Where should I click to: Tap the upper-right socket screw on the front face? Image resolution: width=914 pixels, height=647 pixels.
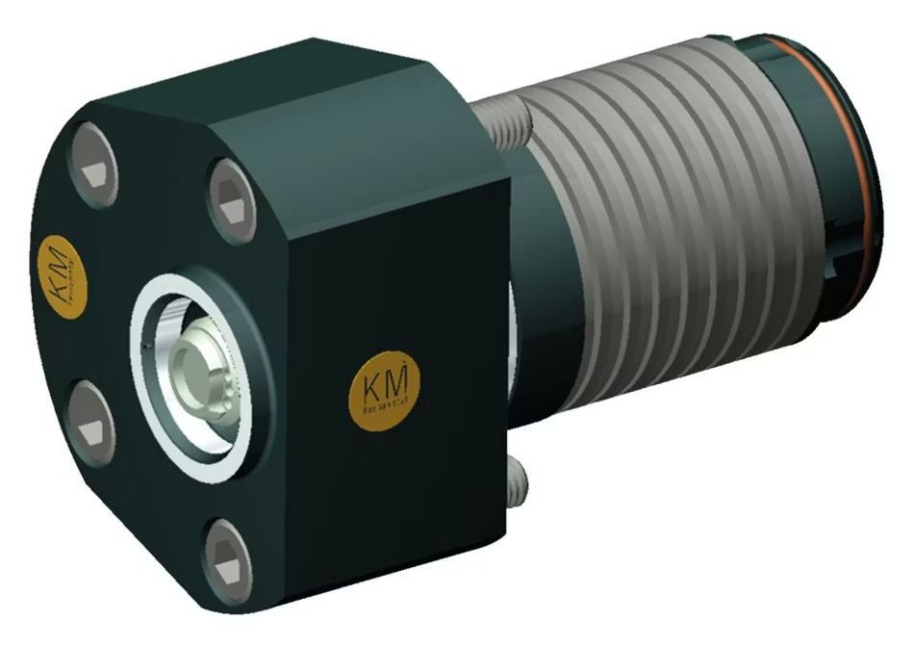pos(230,199)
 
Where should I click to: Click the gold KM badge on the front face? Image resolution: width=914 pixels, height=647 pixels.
pos(58,272)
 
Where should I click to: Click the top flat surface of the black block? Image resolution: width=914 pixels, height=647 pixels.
pos(289,96)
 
